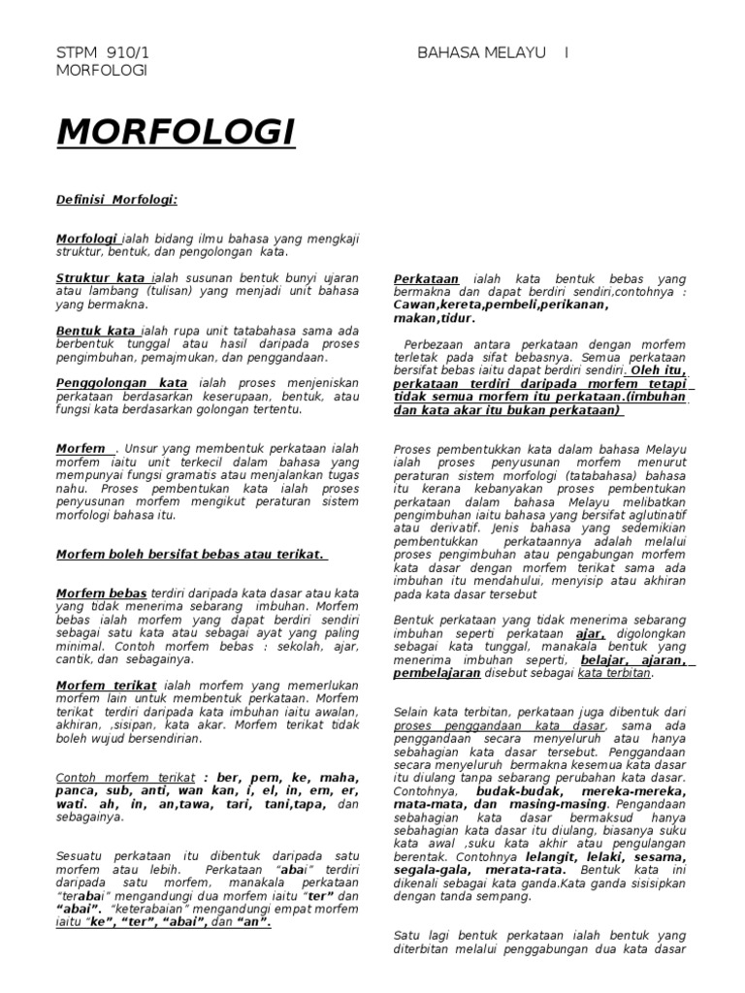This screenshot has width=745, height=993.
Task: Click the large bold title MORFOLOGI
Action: [x=176, y=131]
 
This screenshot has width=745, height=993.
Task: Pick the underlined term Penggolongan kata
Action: [x=122, y=383]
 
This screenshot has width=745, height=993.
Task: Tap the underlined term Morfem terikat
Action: [x=105, y=685]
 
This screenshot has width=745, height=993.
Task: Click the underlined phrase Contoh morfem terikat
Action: [x=126, y=778]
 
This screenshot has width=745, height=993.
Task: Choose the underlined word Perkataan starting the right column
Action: [x=427, y=278]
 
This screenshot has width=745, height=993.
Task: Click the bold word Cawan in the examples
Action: [x=414, y=304]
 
